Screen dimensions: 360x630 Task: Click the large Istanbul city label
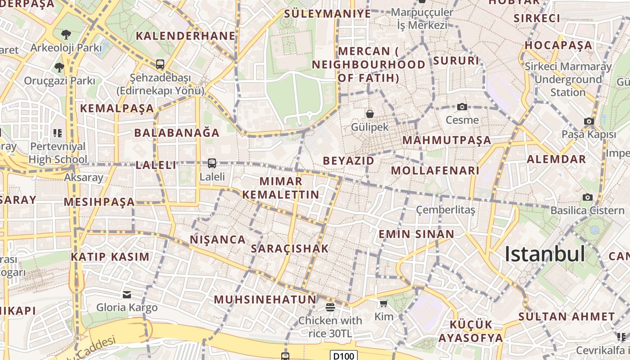coord(545,255)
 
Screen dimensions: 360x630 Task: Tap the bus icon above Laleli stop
coord(212,163)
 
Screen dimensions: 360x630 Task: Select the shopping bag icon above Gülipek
coord(370,114)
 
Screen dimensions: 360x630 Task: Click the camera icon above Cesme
coord(462,107)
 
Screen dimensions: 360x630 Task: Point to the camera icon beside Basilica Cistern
coord(587,197)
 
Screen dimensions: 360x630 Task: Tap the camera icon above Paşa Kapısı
coord(589,121)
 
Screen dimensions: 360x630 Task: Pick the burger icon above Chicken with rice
coord(330,307)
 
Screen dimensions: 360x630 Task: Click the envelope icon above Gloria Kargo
coord(127,295)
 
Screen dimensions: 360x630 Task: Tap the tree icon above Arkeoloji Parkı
coord(66,34)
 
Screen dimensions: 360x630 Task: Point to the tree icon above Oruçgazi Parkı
coord(59,68)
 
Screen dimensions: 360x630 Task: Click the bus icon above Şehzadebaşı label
coord(160,64)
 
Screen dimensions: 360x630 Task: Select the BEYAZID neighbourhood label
coord(348,161)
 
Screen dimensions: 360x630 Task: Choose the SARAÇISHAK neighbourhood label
coord(290,248)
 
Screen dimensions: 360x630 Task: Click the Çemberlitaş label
coord(445,210)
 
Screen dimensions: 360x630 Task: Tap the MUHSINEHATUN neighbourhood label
coord(265,299)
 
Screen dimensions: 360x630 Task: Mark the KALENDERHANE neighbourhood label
coord(185,36)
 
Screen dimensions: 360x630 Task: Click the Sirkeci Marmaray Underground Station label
coord(568,80)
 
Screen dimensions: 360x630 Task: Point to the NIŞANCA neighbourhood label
coord(217,239)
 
